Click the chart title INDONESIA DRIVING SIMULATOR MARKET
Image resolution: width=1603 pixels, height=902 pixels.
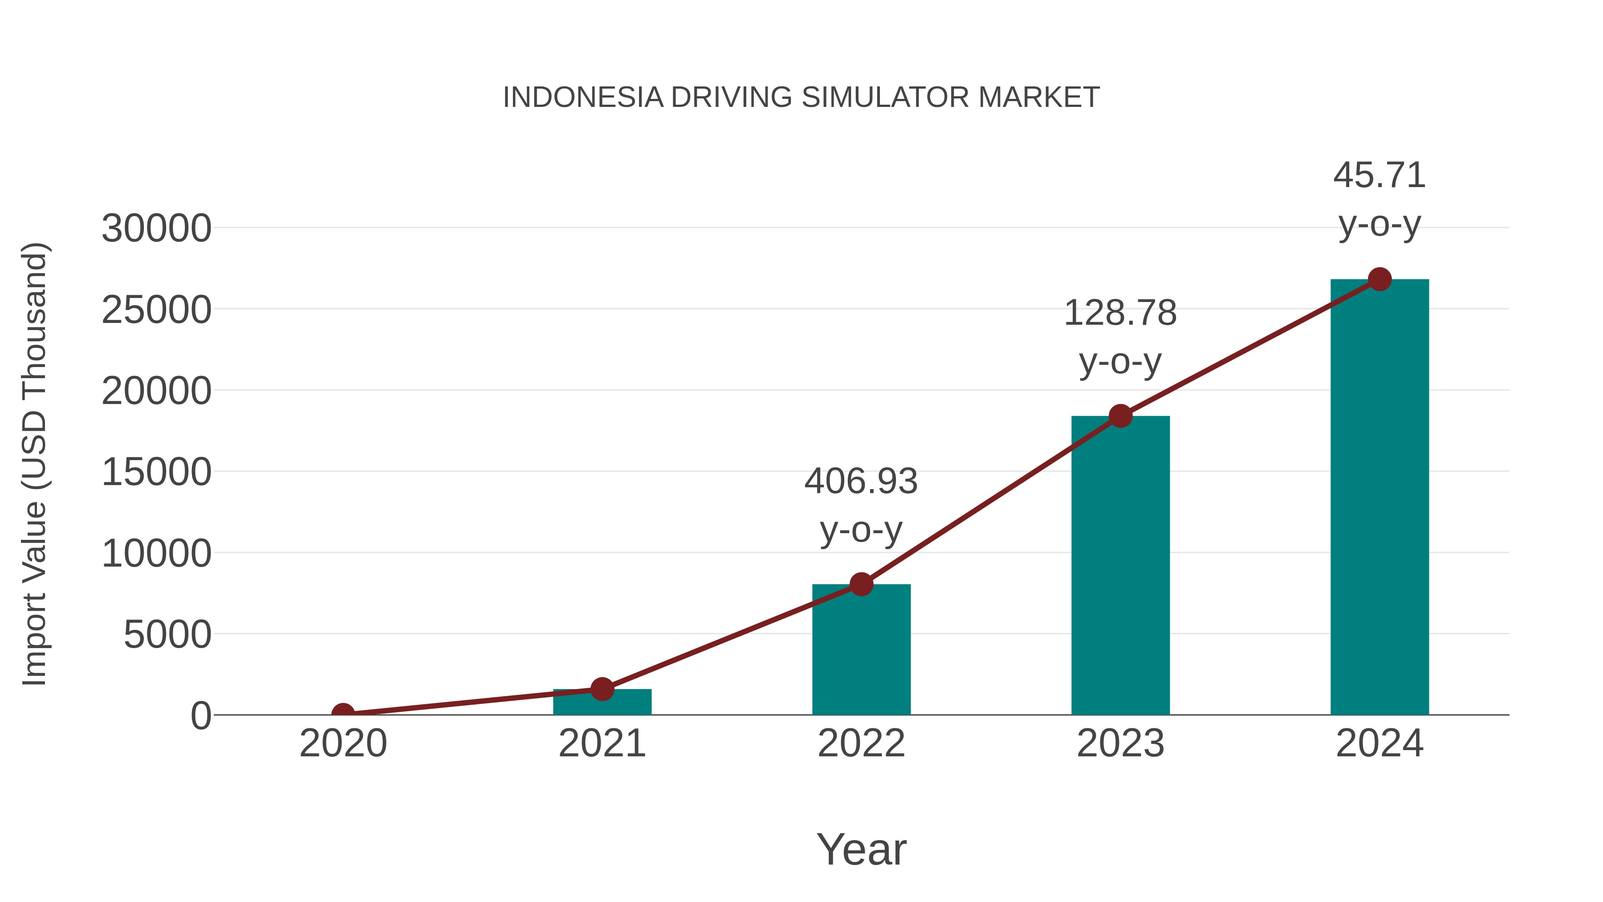[x=801, y=98]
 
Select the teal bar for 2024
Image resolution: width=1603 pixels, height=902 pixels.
[x=1379, y=498]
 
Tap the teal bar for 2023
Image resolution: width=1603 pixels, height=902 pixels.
[x=1120, y=567]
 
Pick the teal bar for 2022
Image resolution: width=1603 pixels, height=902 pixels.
[x=861, y=650]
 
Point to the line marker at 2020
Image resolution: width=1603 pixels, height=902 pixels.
[x=343, y=714]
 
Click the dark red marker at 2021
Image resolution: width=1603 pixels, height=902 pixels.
[x=602, y=689]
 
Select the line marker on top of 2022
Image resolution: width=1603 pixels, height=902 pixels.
[x=861, y=584]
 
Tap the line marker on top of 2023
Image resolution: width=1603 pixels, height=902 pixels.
[x=1120, y=416]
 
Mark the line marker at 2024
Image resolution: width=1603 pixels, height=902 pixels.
[x=1379, y=279]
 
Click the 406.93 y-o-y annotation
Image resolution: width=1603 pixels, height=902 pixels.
[x=861, y=506]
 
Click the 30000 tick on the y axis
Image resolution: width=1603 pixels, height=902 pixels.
[x=156, y=229]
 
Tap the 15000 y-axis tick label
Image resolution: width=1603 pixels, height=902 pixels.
[x=156, y=472]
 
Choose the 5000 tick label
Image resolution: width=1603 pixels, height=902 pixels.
[x=167, y=635]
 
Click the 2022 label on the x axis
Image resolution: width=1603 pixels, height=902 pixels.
[x=861, y=743]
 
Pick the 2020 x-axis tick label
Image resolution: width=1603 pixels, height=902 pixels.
[x=343, y=743]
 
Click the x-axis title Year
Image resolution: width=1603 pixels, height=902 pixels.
[x=861, y=849]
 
